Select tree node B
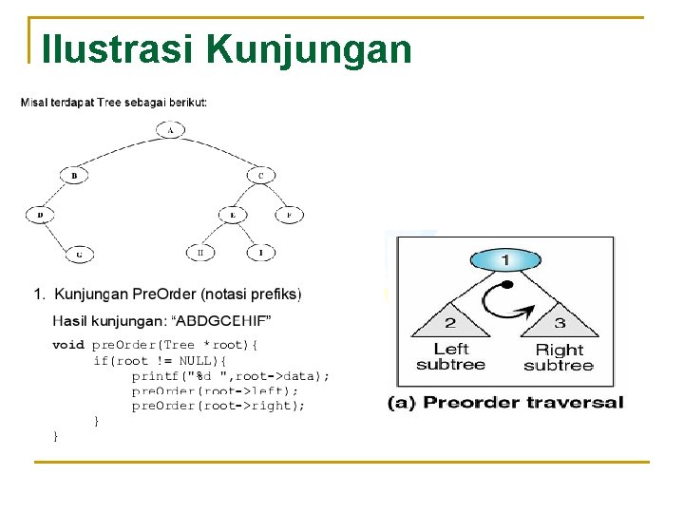(x=74, y=175)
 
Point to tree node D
(x=40, y=215)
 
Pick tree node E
(x=233, y=215)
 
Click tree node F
(x=289, y=215)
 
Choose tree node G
(x=80, y=254)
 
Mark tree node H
(x=200, y=253)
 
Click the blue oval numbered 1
(x=506, y=259)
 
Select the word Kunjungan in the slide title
(x=309, y=48)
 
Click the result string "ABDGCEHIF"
(x=232, y=318)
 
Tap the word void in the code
(x=67, y=345)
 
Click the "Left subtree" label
(x=450, y=356)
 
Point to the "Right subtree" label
(x=559, y=357)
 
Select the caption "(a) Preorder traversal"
(x=505, y=403)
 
